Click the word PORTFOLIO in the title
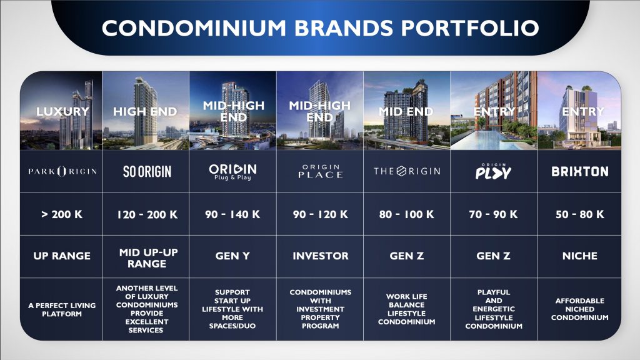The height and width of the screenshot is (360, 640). pyautogui.click(x=469, y=27)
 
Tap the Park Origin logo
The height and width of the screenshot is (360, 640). pyautogui.click(x=62, y=171)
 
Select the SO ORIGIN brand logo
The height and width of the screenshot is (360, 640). pyautogui.click(x=147, y=171)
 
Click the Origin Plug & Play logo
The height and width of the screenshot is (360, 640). pyautogui.click(x=232, y=172)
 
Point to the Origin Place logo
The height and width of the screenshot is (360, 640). pyautogui.click(x=321, y=171)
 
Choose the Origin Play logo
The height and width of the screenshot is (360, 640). pyautogui.click(x=494, y=171)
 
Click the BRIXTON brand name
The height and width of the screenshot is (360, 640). pyautogui.click(x=580, y=171)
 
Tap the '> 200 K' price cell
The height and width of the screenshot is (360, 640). pyautogui.click(x=62, y=214)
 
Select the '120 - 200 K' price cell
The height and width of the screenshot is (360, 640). pyautogui.click(x=147, y=214)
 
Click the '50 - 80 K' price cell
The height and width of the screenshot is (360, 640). pyautogui.click(x=580, y=214)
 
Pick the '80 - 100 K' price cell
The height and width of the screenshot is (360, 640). pyautogui.click(x=406, y=214)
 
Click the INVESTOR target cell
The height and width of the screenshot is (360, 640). pyautogui.click(x=321, y=256)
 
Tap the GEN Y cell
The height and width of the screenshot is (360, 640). pyautogui.click(x=232, y=256)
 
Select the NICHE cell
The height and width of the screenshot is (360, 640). pyautogui.click(x=580, y=256)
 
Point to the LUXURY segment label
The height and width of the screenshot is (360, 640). pyautogui.click(x=62, y=111)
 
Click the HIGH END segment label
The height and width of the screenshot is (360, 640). pyautogui.click(x=145, y=111)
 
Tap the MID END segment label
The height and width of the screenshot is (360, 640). pyautogui.click(x=406, y=111)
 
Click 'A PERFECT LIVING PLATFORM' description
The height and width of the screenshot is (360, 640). pyautogui.click(x=62, y=309)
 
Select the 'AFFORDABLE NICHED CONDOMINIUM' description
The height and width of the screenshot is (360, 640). pyautogui.click(x=580, y=309)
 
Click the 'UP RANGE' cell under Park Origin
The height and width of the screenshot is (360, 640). pyautogui.click(x=62, y=256)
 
